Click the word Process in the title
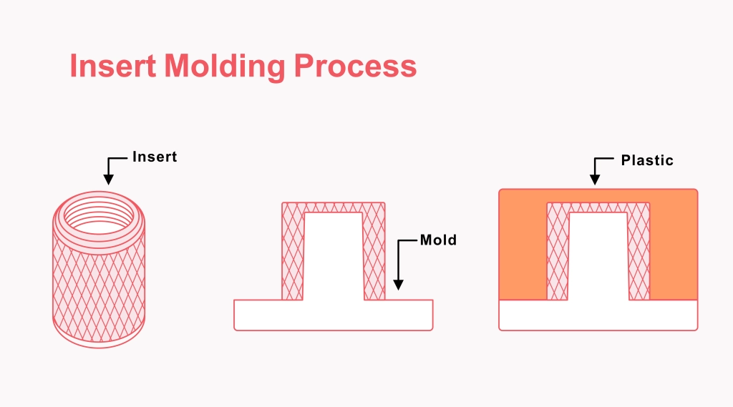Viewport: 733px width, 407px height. pyautogui.click(x=355, y=66)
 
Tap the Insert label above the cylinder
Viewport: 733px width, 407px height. pyautogui.click(x=155, y=157)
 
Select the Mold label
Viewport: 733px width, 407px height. pyautogui.click(x=438, y=240)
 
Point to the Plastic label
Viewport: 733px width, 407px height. pyautogui.click(x=647, y=160)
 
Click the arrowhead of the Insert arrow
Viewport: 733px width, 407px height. pyautogui.click(x=108, y=180)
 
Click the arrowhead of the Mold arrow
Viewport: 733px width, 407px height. pyautogui.click(x=398, y=284)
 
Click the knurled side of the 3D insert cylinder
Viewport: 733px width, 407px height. pyautogui.click(x=100, y=286)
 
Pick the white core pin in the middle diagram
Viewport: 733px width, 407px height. pyautogui.click(x=334, y=258)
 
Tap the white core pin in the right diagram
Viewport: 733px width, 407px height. pyautogui.click(x=598, y=258)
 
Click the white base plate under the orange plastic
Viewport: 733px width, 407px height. pyautogui.click(x=598, y=315)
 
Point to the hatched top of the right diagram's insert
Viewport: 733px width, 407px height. pyautogui.click(x=598, y=207)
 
